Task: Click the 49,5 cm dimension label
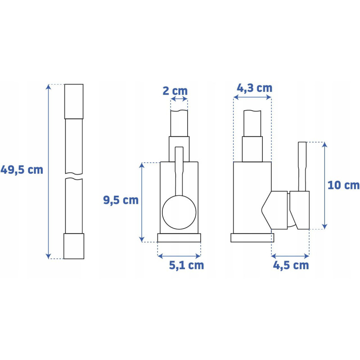click(x=22, y=170)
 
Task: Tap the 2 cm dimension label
click(x=175, y=91)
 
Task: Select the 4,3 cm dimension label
click(x=254, y=88)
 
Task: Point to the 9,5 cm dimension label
click(x=121, y=200)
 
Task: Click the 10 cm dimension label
click(x=343, y=185)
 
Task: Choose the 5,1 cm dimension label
click(x=186, y=265)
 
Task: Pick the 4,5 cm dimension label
click(x=291, y=265)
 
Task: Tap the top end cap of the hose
click(x=74, y=102)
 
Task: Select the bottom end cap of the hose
click(x=74, y=246)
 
